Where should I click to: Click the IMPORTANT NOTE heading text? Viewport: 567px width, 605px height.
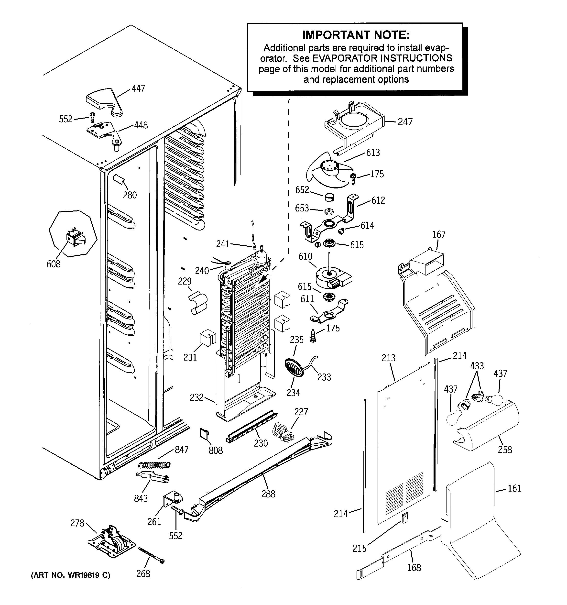coord(356,35)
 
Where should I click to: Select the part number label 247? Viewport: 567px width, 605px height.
coord(405,122)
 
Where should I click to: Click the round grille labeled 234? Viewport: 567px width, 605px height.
coord(294,368)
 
